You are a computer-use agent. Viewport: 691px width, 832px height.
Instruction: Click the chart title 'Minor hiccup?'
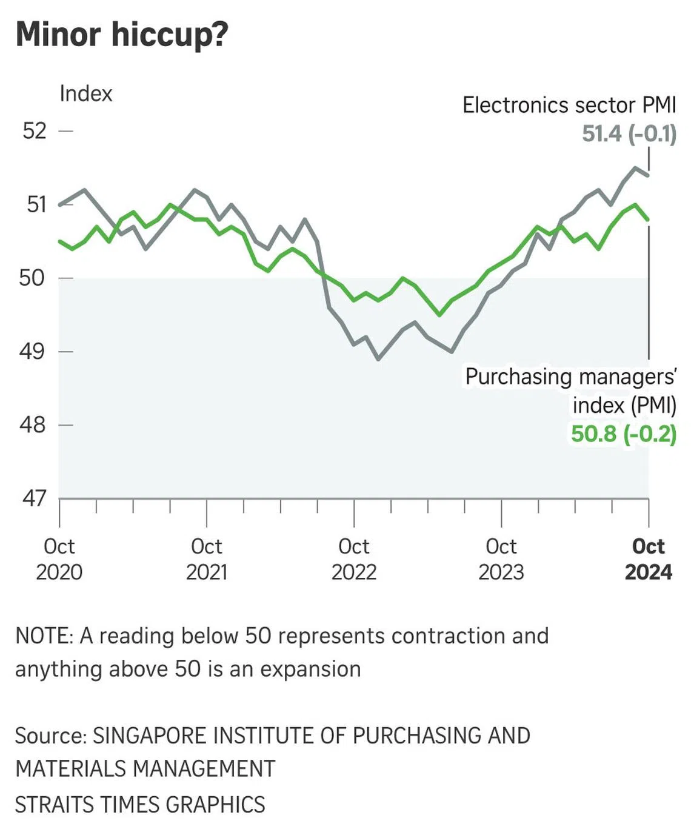click(122, 34)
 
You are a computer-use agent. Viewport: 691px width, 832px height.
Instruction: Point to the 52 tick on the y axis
click(35, 131)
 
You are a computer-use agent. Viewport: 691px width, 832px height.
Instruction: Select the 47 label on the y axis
click(34, 498)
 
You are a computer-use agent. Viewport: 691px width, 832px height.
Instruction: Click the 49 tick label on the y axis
click(32, 352)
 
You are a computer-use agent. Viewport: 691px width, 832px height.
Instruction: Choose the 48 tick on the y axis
click(33, 425)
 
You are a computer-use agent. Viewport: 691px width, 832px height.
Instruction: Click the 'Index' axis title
click(86, 94)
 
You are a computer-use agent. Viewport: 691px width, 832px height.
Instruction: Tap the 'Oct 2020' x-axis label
click(59, 559)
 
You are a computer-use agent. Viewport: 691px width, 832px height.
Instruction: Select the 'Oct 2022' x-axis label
click(354, 559)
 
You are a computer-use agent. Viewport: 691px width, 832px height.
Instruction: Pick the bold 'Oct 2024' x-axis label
click(649, 559)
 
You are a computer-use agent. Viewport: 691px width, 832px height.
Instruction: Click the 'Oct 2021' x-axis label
click(207, 559)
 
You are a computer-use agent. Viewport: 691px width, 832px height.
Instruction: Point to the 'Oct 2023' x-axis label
click(501, 559)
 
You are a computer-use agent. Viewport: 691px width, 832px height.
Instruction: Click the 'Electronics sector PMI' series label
click(569, 105)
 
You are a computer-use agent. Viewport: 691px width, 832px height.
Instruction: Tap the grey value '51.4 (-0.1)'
click(629, 133)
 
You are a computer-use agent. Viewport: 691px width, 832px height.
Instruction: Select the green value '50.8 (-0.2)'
click(624, 434)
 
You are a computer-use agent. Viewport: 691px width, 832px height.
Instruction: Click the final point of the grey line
click(649, 175)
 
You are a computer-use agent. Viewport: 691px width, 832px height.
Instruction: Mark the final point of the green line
click(649, 220)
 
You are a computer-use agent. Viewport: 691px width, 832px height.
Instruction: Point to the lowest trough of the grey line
click(379, 360)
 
